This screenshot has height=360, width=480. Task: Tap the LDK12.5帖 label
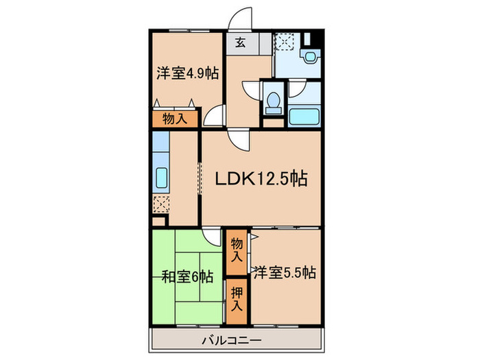coord(261,180)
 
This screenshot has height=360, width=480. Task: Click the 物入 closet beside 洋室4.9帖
coord(175,119)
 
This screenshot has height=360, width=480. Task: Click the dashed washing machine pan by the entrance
coord(284,41)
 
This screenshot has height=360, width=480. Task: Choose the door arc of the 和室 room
coord(213,237)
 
